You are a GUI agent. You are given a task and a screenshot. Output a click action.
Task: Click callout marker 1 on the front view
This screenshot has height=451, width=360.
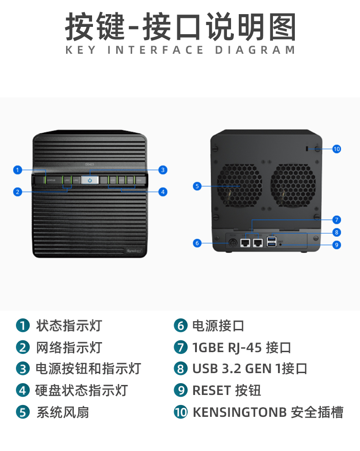coord(17,170)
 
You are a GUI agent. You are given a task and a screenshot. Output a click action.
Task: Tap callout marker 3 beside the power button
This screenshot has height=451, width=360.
coord(163,170)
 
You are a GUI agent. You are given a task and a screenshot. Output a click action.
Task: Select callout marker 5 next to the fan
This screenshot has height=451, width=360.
coord(197,186)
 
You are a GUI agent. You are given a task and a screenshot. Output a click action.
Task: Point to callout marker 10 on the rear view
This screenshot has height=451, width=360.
coord(337,149)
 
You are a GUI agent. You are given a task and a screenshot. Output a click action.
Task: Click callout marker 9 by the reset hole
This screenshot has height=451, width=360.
coord(337,245)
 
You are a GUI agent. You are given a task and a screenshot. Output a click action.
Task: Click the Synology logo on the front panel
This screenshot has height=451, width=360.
coord(134,251)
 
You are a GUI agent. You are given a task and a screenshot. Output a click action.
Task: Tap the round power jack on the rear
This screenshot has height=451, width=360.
coord(232,243)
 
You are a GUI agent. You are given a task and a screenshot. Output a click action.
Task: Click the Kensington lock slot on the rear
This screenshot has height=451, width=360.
coord(307,148)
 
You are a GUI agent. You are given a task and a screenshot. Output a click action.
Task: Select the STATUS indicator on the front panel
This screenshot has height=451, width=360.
coord(51,180)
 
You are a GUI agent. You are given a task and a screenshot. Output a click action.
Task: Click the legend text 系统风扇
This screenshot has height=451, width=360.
coord(62,413)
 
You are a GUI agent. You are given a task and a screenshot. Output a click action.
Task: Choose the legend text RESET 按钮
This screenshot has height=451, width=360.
coord(226,390)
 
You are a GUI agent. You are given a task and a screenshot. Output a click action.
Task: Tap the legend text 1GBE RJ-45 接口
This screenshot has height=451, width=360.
coord(242,348)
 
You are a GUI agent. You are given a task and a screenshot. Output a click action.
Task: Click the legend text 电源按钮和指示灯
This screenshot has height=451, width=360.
coord(88,369)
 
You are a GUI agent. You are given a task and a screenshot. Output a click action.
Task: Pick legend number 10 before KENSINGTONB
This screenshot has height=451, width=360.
coord(181,413)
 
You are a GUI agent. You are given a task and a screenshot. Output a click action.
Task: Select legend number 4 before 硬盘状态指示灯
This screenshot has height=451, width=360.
coord(22,390)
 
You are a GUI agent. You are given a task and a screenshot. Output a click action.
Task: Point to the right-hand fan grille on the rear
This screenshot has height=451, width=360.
coord(293,184)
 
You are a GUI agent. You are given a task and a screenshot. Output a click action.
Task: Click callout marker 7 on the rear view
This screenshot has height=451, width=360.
coord(337,220)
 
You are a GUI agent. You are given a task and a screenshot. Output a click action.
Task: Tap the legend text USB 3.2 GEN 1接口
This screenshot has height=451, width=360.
coord(250,369)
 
